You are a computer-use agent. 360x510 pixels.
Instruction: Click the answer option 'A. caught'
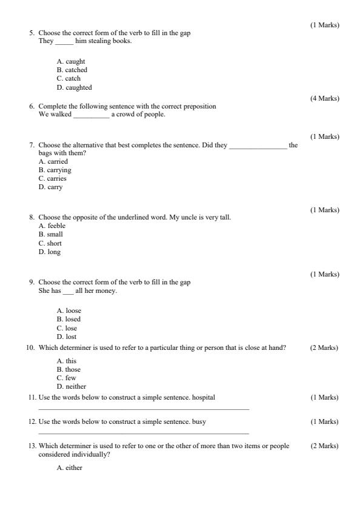[x=71, y=61]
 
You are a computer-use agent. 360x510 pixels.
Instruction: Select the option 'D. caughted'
[x=74, y=87]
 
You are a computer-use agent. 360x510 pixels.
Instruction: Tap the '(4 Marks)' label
[x=325, y=98]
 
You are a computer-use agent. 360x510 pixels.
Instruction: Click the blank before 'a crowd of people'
[x=91, y=115]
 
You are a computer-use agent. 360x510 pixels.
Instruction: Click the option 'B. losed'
[x=68, y=319]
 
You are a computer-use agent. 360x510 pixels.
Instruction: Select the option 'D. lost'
[x=67, y=337]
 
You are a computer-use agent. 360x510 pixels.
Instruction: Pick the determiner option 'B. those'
[x=68, y=369]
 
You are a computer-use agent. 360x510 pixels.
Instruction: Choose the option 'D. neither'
[x=72, y=386]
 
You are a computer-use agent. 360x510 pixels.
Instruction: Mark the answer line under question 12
[x=143, y=433]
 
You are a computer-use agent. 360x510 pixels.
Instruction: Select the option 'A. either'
[x=70, y=468]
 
